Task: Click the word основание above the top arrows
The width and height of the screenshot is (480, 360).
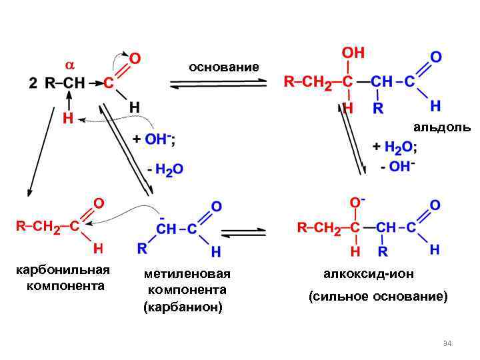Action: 223,67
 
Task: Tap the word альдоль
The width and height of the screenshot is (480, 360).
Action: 441,127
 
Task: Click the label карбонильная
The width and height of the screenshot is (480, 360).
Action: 63,271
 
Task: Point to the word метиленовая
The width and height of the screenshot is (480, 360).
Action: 187,274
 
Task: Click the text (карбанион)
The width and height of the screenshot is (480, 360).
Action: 183,307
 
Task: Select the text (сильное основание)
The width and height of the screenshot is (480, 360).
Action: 378,296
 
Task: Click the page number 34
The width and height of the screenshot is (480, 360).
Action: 447,343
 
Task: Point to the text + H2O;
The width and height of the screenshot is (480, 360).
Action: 395,147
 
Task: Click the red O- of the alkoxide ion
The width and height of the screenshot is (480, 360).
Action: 357,201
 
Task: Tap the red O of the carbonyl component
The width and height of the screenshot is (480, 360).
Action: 98,201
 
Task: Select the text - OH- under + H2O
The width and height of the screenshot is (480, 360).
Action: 398,167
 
